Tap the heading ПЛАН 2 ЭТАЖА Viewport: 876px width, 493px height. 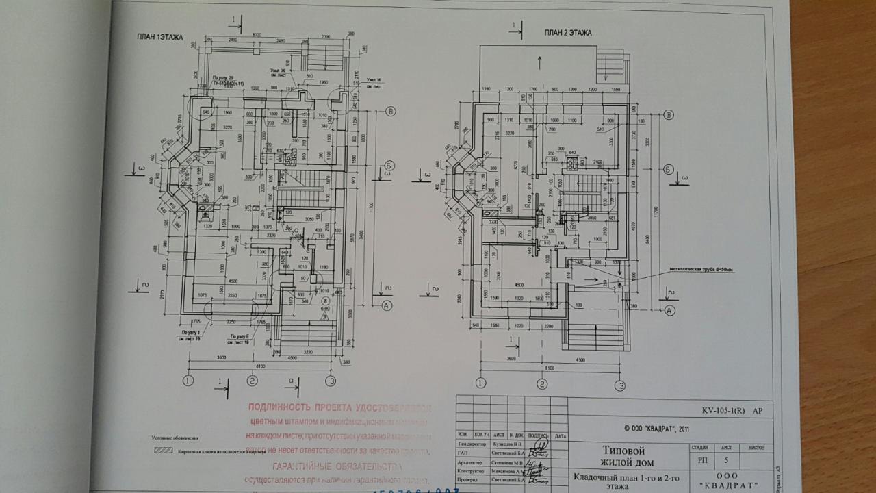568,32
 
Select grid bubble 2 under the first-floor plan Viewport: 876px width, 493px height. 253,381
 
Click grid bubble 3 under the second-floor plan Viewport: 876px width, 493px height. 620,385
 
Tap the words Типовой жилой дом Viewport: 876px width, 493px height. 623,456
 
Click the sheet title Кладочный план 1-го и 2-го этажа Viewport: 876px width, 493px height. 619,481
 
